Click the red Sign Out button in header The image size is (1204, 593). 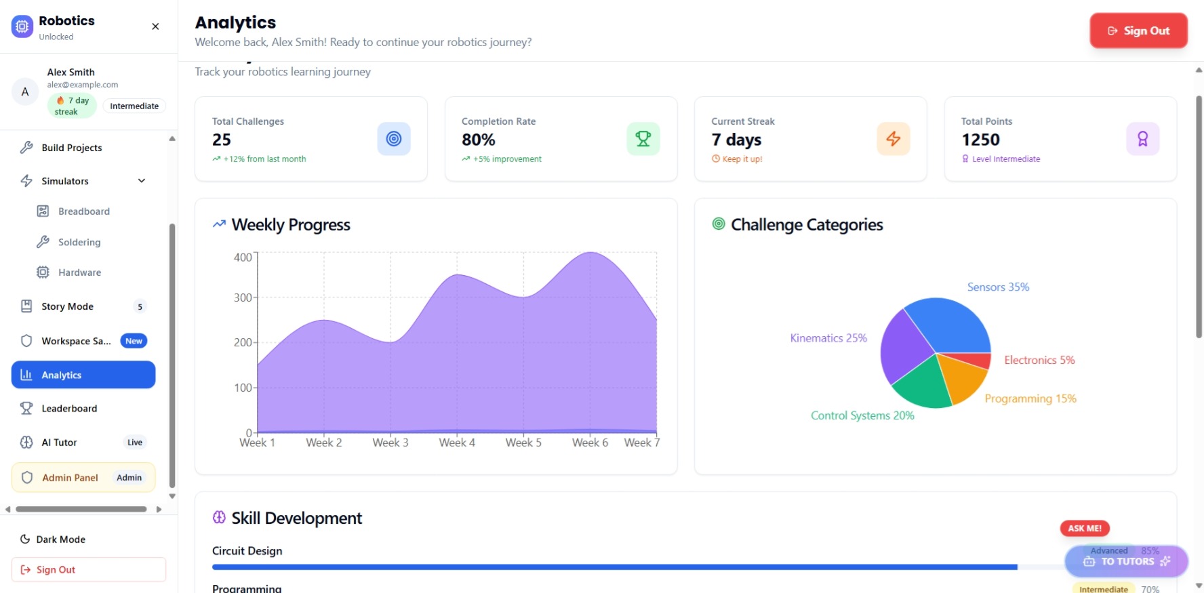(x=1138, y=30)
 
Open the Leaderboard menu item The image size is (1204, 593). (x=68, y=409)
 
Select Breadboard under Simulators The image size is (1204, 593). (x=83, y=211)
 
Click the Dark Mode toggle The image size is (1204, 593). (x=60, y=539)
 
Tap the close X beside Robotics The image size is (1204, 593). (x=155, y=26)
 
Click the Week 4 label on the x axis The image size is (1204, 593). (x=457, y=443)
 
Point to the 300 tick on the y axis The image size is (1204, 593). (x=243, y=298)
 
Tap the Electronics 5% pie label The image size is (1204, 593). (x=1039, y=360)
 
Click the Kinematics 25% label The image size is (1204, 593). (x=828, y=338)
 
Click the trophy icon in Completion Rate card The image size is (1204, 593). (x=643, y=139)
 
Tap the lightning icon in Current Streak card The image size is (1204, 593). (x=893, y=139)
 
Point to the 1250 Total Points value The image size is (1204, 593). (x=980, y=140)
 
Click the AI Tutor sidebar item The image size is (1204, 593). (x=59, y=443)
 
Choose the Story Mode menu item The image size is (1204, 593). (x=67, y=306)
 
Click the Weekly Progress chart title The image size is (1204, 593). (x=291, y=225)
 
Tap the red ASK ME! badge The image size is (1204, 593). (x=1084, y=529)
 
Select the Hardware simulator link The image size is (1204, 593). (x=79, y=272)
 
